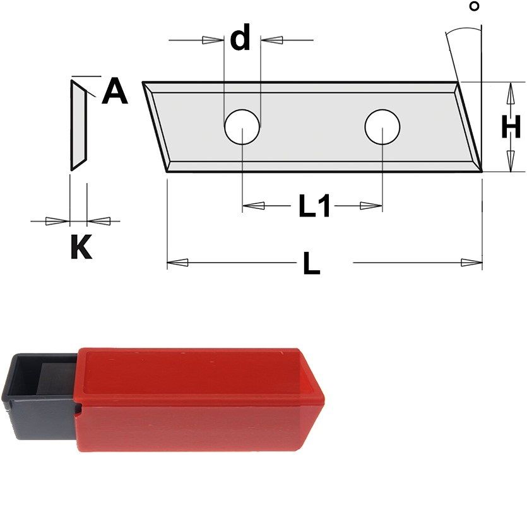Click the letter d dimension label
click(240, 37)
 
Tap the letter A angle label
click(115, 90)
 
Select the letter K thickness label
click(81, 246)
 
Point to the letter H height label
click(511, 126)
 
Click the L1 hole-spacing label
click(314, 206)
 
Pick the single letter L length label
click(312, 263)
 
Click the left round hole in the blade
click(242, 127)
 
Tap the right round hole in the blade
click(382, 127)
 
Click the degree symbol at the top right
click(474, 6)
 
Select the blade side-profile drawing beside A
click(79, 125)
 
